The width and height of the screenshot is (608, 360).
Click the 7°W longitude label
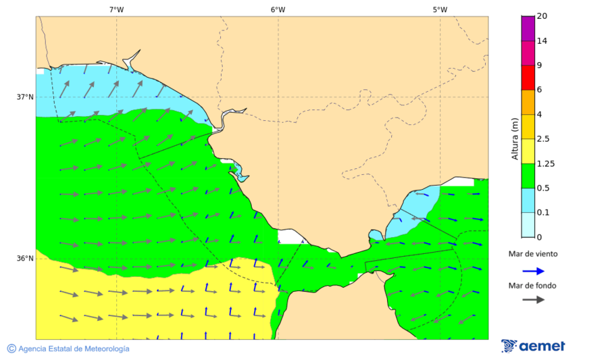click(116, 9)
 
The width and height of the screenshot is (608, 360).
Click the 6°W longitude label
click(278, 9)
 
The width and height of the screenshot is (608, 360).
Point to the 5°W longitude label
click(440, 9)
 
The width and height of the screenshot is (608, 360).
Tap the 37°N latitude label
click(25, 97)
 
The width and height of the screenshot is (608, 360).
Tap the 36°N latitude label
click(25, 258)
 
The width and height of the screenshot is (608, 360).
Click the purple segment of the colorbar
click(528, 28)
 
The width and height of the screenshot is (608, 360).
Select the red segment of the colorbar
click(528, 77)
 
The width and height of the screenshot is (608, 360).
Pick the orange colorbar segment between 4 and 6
click(528, 101)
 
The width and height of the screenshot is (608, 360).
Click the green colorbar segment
click(528, 175)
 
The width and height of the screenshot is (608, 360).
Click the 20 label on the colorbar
click(541, 16)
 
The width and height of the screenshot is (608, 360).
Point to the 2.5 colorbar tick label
click(542, 138)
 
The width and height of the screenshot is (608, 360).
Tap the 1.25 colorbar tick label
click(544, 163)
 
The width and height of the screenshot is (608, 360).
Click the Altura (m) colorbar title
click(515, 138)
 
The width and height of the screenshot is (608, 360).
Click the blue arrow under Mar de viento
click(534, 271)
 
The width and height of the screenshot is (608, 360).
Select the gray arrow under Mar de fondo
click(534, 299)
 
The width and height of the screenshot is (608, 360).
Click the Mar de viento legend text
click(533, 255)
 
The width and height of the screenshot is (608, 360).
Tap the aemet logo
click(534, 346)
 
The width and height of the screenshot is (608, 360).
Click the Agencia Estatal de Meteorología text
click(74, 349)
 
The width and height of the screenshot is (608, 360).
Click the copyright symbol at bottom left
click(11, 349)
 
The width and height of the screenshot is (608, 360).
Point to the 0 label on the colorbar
click(538, 237)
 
